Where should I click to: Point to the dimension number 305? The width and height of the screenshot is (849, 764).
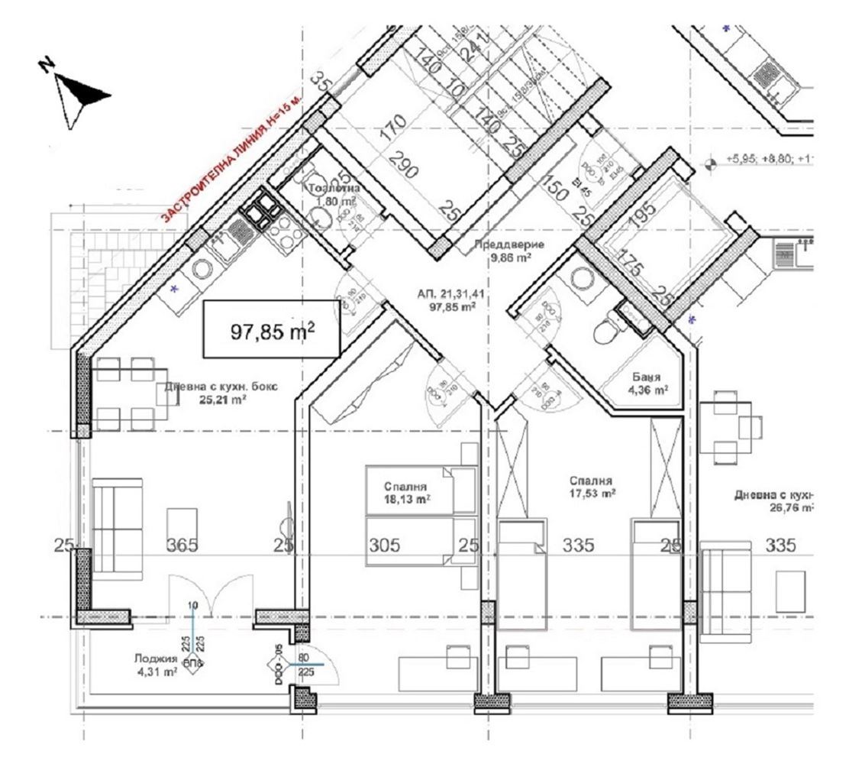(x=385, y=545)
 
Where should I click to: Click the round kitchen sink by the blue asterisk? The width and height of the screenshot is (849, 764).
(x=203, y=269)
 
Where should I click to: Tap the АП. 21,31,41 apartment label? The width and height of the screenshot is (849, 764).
(x=447, y=300)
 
